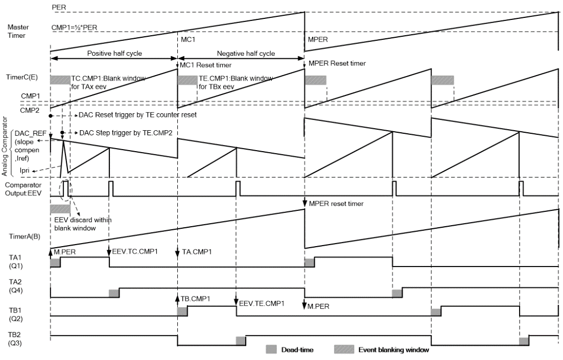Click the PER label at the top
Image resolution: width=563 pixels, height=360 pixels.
(x=58, y=7)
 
